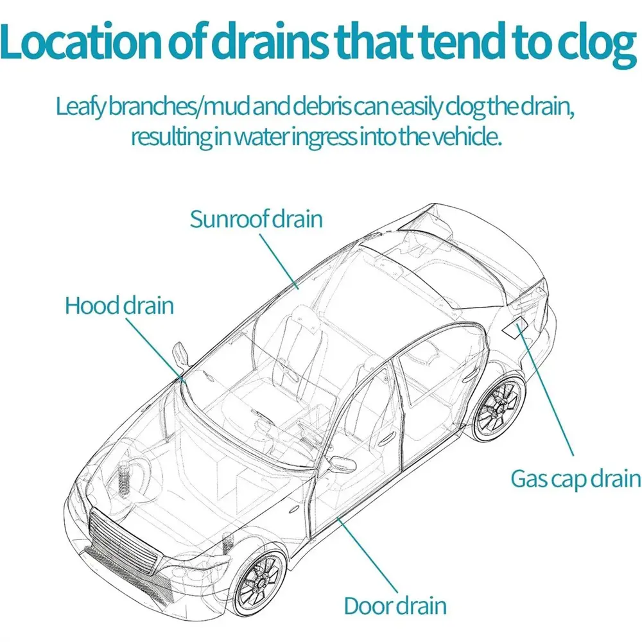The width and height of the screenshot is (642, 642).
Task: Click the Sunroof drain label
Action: pos(256,219)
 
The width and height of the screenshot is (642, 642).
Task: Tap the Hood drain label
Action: pos(119,305)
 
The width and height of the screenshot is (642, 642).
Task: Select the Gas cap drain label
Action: pos(576,478)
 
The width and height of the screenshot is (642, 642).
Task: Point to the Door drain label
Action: pos(395,605)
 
